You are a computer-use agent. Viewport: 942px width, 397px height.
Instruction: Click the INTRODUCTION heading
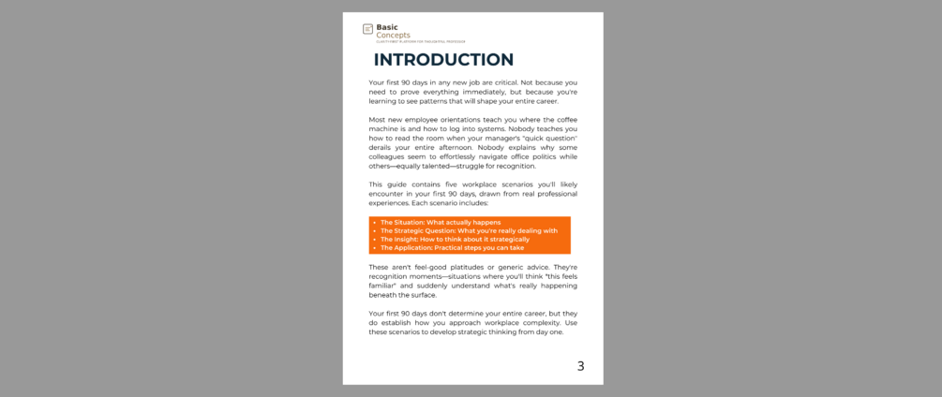[443, 60]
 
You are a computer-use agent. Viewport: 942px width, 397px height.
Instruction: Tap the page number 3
[580, 366]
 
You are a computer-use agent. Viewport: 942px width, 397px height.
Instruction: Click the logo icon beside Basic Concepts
[367, 29]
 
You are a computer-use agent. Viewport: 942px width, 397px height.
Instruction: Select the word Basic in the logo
[387, 27]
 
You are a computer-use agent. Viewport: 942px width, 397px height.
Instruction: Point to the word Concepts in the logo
[393, 36]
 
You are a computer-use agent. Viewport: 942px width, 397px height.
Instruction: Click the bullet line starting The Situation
[441, 222]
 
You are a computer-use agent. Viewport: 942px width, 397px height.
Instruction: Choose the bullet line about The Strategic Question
[469, 230]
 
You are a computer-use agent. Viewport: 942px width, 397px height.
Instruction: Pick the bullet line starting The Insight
[455, 239]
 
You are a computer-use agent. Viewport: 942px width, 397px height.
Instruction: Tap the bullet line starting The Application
[453, 247]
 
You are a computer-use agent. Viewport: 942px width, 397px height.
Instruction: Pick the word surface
[423, 295]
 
